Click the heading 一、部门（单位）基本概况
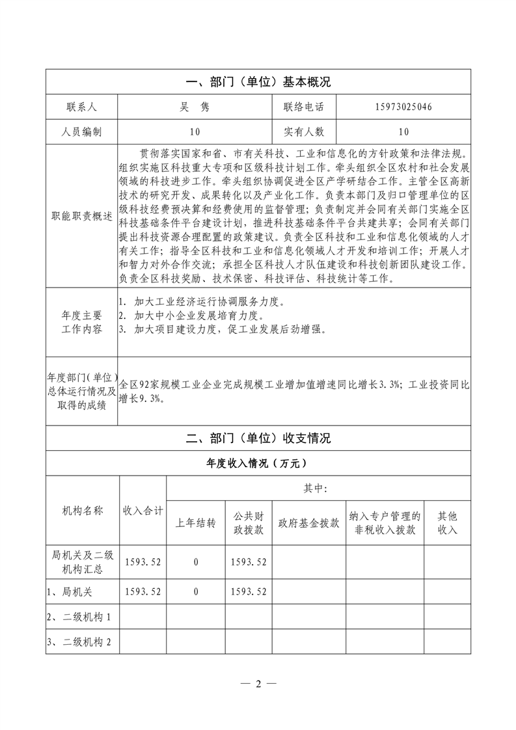coord(258,82)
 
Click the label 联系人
coord(81,107)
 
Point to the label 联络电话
coord(303,107)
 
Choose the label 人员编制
coord(81,131)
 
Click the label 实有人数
coord(303,131)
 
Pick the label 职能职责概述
coord(81,215)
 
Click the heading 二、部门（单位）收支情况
coord(258,438)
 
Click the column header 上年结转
coord(196,523)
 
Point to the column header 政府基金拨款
coord(308,523)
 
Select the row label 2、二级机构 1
coord(79,617)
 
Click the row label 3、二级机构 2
coord(79,642)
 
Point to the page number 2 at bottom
coord(258,684)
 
